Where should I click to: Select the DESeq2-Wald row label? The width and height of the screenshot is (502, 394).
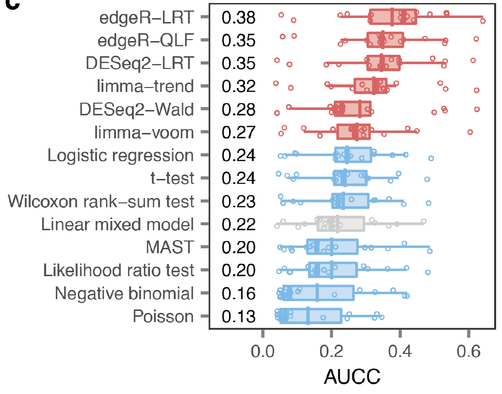coord(137,109)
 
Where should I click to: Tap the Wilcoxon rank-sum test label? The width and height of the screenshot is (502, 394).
coord(101,201)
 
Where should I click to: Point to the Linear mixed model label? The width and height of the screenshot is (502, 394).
coord(117,224)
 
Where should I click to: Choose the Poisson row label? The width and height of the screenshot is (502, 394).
coord(163,316)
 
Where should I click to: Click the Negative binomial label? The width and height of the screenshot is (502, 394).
coord(124,293)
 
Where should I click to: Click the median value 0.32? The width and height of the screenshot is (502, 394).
coord(238,87)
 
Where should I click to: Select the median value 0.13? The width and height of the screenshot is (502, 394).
coord(238,316)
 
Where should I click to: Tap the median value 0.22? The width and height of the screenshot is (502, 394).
coord(238,224)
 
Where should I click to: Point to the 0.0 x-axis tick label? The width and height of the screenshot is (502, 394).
coord(263,351)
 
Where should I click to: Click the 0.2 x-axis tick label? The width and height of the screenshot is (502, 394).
coord(331,351)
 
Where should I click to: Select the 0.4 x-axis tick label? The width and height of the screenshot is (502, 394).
coord(400,351)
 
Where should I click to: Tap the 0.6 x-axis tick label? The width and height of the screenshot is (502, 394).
coord(468,351)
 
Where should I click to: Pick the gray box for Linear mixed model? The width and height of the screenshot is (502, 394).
coord(341,224)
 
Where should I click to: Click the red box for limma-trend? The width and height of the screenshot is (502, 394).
coord(370,86)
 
